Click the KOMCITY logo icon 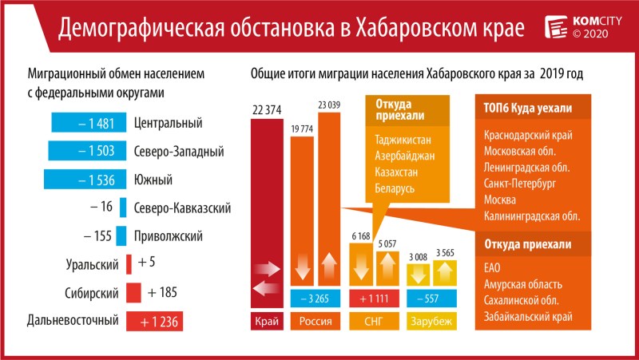[556, 26]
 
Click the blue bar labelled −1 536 [81, 179]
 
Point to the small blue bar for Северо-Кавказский [123, 208]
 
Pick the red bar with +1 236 [155, 321]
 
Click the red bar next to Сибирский [133, 293]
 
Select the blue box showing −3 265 [315, 299]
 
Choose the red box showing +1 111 [374, 299]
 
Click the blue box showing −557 [430, 299]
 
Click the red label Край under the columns [266, 322]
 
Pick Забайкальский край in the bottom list [527, 317]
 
